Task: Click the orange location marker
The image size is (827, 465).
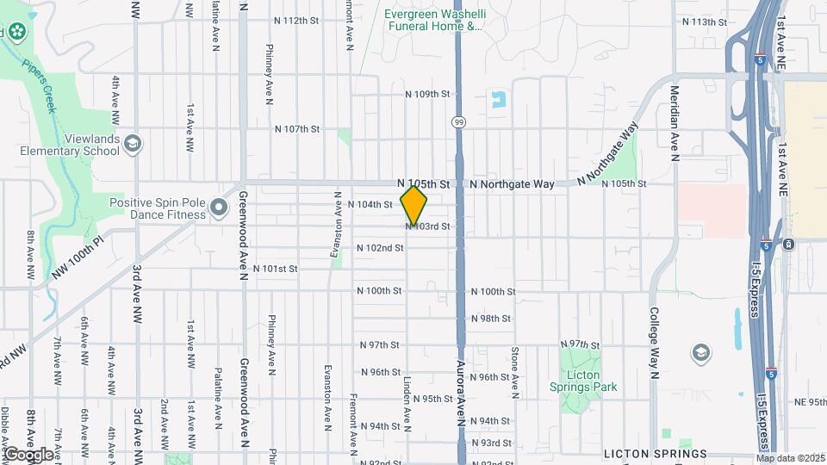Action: click(413, 205)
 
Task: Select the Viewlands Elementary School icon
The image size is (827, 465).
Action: click(133, 142)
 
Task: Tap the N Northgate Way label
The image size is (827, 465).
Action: click(513, 184)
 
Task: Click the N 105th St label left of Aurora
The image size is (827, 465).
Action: click(424, 184)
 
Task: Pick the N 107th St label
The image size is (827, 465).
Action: click(297, 129)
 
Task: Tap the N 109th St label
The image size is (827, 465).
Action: click(428, 94)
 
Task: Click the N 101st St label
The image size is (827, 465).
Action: click(275, 269)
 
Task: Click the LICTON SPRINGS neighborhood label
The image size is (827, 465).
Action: click(655, 454)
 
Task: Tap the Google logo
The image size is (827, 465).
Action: click(28, 454)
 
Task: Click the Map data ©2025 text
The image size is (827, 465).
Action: click(790, 458)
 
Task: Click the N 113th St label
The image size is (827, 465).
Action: click(704, 22)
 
